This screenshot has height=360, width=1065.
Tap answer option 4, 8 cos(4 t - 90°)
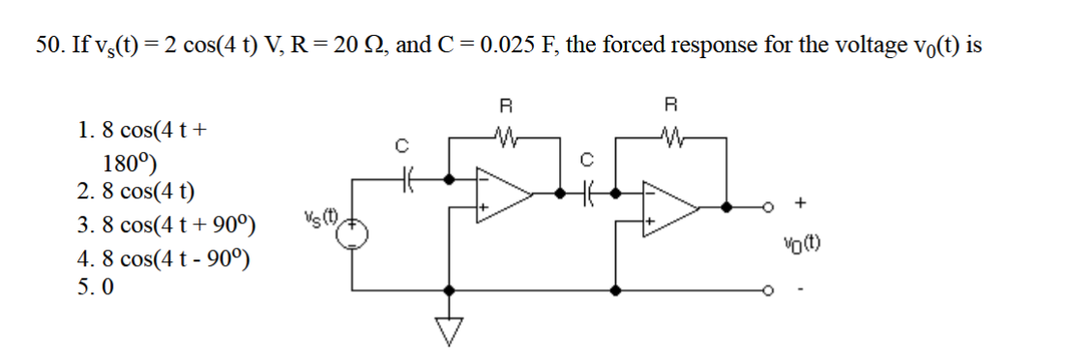click(x=164, y=259)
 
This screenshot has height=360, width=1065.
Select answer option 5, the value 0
click(x=107, y=287)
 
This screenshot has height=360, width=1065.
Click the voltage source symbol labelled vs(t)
click(x=353, y=233)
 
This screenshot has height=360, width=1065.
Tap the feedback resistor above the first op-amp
click(x=504, y=137)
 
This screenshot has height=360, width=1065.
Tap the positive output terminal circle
click(x=771, y=206)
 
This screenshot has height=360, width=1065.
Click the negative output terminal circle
click(x=771, y=288)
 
